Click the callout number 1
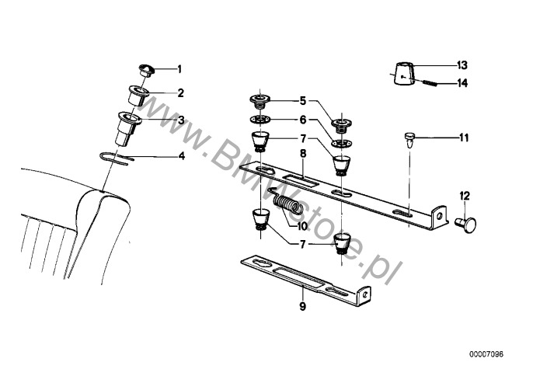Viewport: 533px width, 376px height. [x=179, y=69]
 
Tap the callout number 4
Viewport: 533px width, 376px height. [x=182, y=156]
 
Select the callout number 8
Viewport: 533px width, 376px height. [x=303, y=154]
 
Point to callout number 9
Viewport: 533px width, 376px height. [x=302, y=306]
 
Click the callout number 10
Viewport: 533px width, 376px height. [x=301, y=226]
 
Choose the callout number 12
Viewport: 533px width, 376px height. [x=465, y=197]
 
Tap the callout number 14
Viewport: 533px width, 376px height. [x=462, y=83]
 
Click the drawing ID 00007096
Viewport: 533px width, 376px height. [x=486, y=354]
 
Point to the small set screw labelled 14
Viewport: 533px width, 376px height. [x=430, y=83]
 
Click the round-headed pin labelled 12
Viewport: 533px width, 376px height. [x=466, y=225]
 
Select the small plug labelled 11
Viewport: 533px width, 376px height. [x=410, y=140]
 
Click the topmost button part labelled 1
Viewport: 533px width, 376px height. [x=147, y=70]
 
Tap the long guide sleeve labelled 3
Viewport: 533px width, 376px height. [x=128, y=128]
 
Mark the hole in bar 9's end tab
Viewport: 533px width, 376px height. [x=364, y=294]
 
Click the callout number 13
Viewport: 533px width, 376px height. [x=462, y=64]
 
